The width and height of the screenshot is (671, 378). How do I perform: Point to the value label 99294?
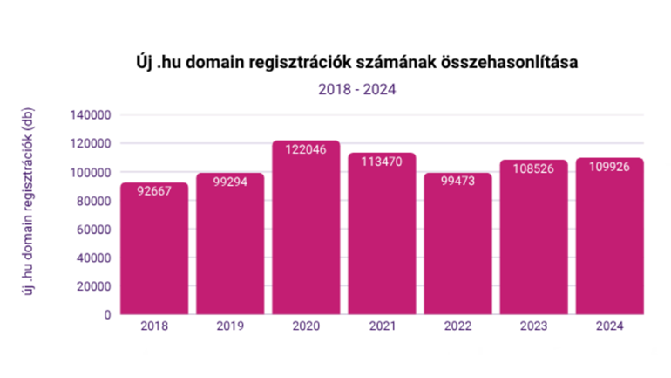click(230, 182)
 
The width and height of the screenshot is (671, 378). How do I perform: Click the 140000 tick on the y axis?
click(91, 115)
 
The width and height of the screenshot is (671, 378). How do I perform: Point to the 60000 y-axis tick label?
click(93, 230)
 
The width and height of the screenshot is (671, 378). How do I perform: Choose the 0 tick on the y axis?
click(107, 315)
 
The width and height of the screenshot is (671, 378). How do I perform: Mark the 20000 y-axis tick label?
click(93, 286)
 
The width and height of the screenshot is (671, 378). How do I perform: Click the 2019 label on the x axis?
click(230, 327)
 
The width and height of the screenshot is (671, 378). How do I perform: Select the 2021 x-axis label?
click(382, 327)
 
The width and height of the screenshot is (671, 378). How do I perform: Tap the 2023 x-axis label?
click(533, 327)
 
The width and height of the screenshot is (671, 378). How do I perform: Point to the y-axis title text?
click(29, 214)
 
